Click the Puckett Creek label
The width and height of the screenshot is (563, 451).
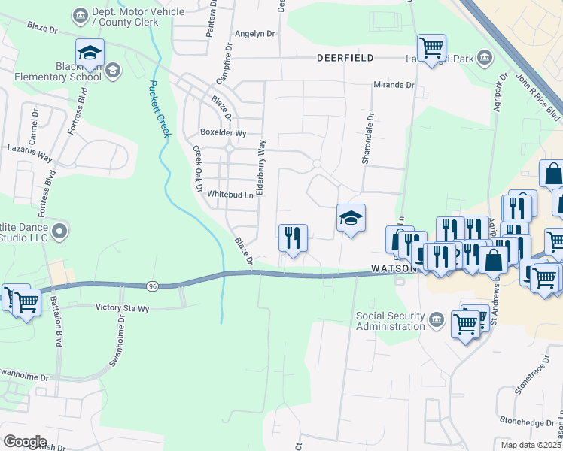coord(159,109)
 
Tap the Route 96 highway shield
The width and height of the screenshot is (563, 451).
coord(152,285)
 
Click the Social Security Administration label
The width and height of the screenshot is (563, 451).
coord(391,321)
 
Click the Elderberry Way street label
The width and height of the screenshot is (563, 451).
coord(262,167)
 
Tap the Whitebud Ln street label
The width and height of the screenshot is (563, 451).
coord(230,195)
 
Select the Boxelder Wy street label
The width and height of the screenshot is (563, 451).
coord(223,133)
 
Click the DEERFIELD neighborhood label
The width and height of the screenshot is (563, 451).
coord(345,58)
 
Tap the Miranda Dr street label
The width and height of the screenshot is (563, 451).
coord(394,86)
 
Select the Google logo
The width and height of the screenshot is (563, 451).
coord(25,441)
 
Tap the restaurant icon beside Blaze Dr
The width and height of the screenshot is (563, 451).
coord(293,238)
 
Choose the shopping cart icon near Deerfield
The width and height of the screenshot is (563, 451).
coord(431,49)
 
